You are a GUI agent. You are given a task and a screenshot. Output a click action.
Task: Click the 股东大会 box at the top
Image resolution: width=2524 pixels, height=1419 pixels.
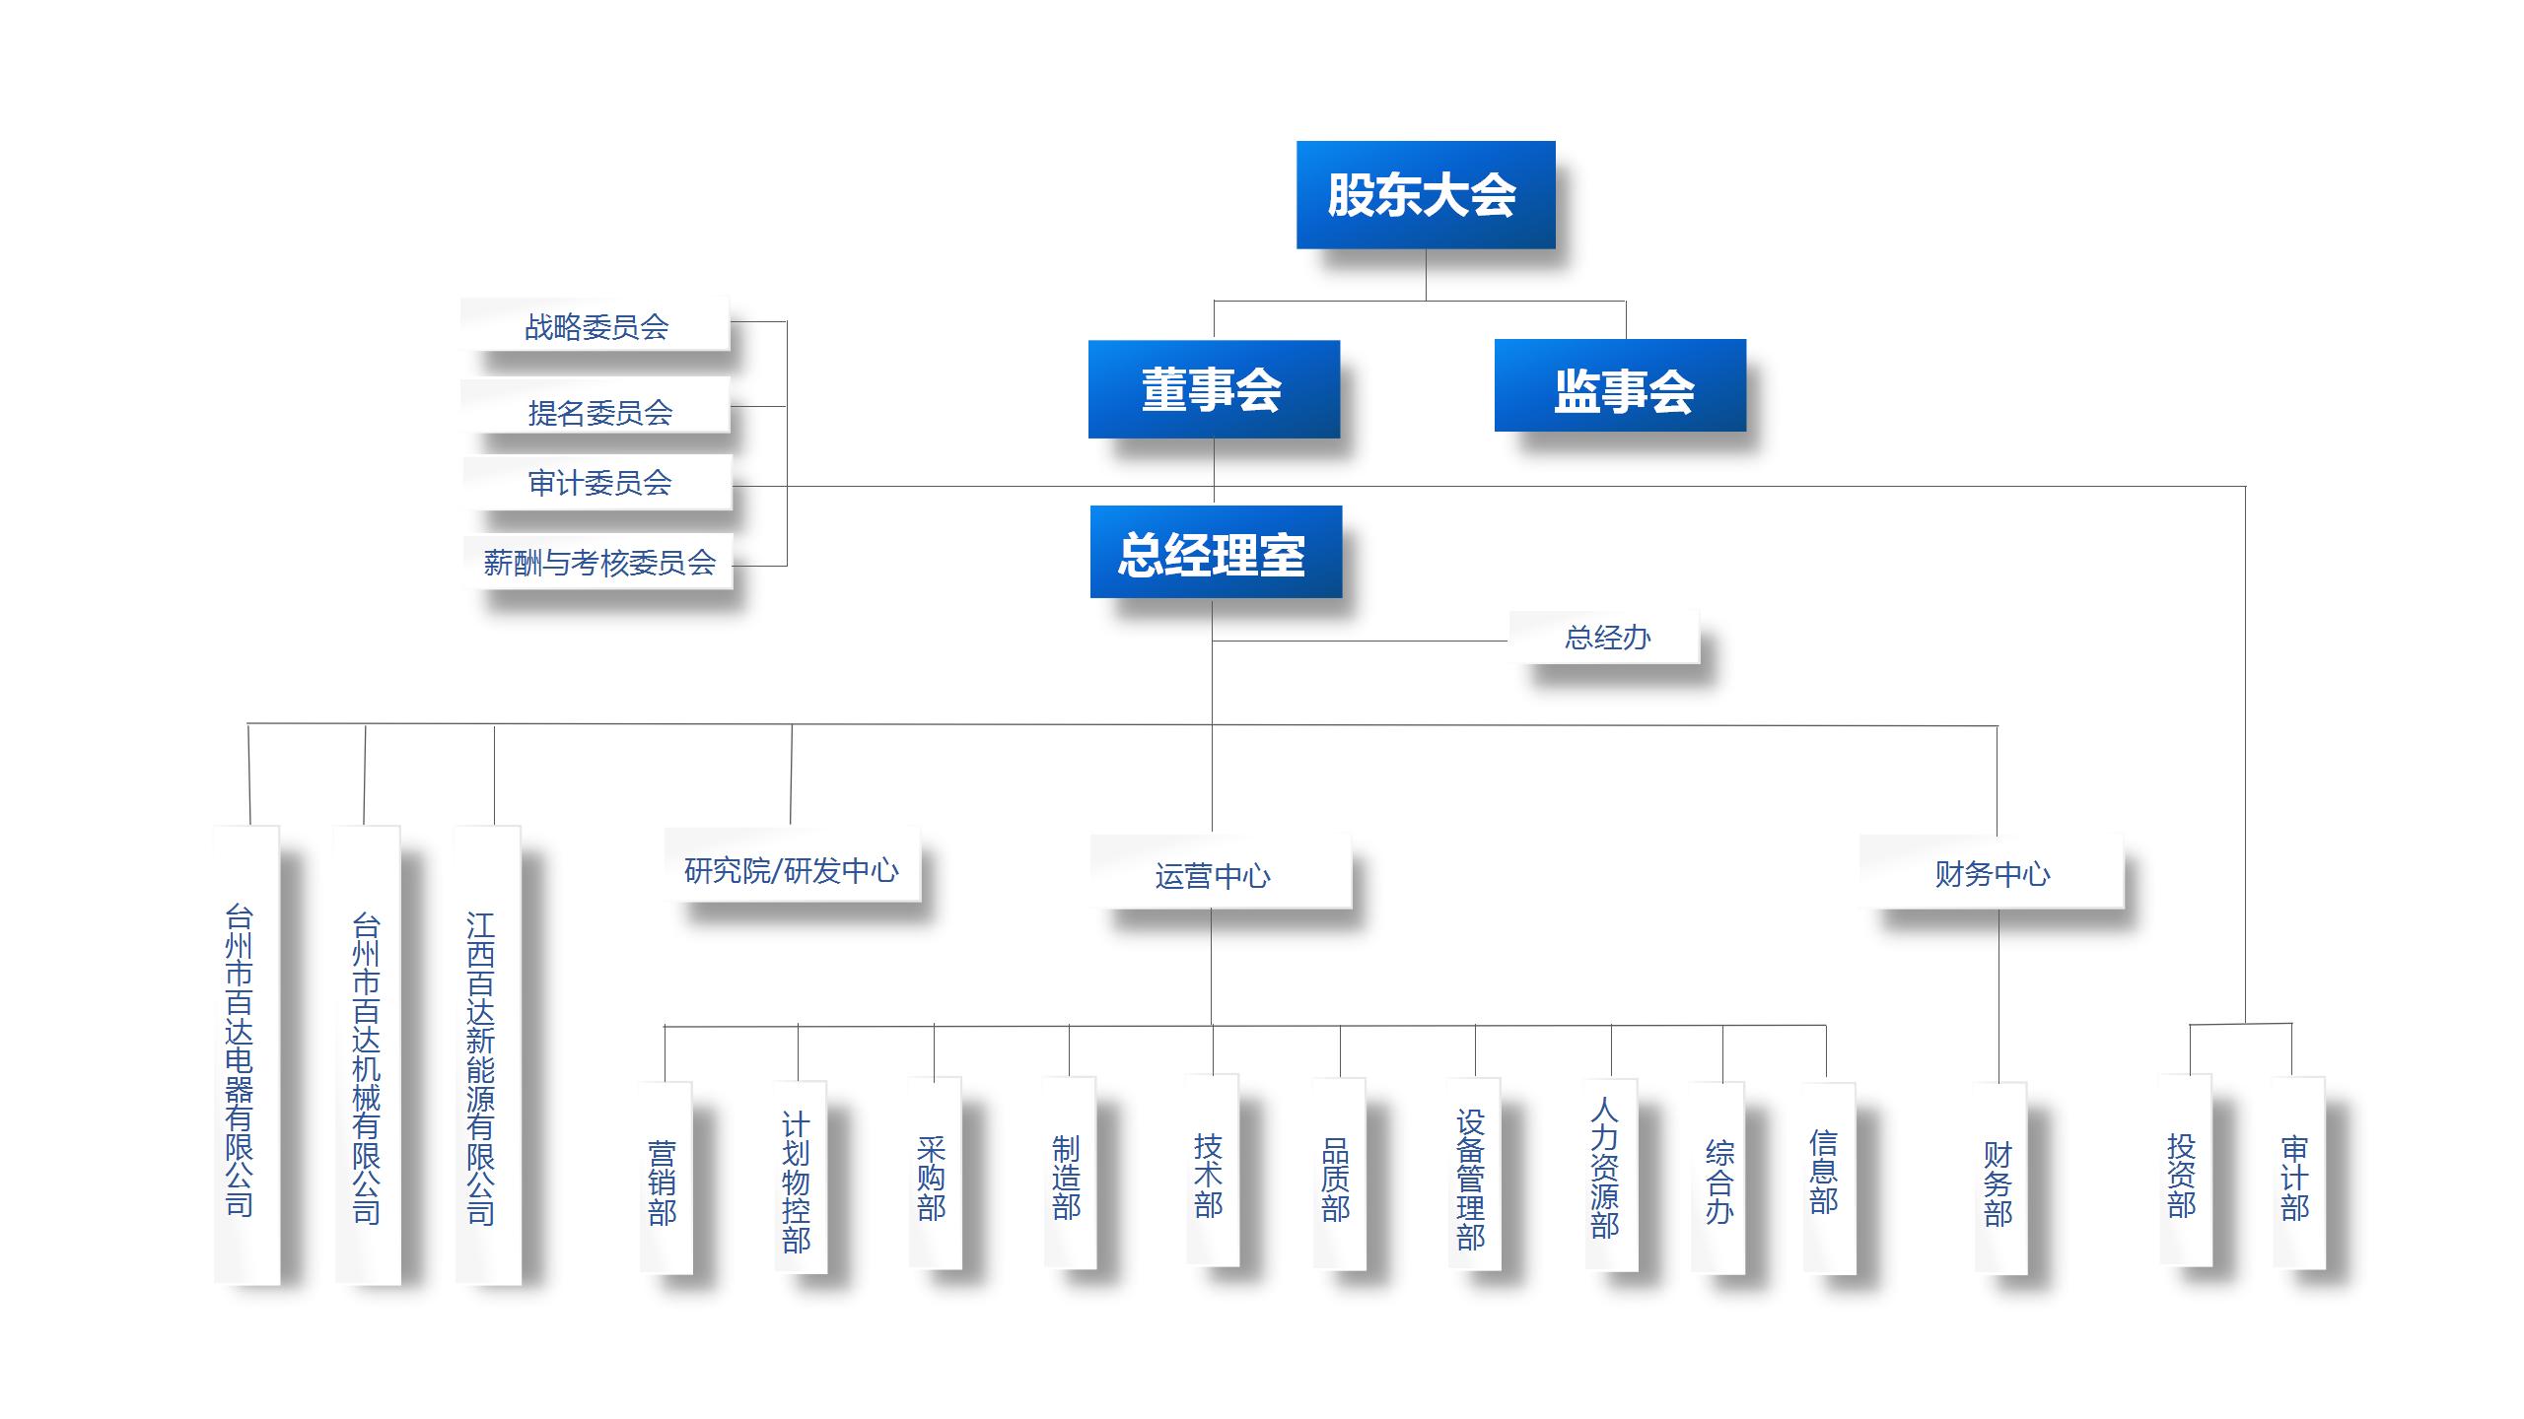point(1425,194)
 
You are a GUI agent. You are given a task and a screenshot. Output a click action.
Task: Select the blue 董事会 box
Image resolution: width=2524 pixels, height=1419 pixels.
point(1213,389)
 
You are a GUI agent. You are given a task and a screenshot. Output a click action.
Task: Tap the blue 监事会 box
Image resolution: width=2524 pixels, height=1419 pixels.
point(1620,386)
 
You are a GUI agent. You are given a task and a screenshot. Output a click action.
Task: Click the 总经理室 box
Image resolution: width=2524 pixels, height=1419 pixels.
point(1215,552)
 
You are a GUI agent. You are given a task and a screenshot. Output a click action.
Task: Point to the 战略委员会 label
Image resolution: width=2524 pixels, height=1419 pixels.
point(596,325)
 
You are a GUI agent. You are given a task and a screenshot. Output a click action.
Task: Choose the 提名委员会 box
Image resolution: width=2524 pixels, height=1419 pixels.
point(597,410)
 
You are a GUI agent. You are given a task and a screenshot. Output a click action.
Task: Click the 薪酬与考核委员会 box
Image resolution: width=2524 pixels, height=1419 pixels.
point(598,562)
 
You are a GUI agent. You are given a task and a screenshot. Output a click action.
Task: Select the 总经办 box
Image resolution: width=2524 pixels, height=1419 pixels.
point(1605,638)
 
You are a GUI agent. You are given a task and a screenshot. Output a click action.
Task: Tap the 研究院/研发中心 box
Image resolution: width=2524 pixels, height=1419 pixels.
point(792,867)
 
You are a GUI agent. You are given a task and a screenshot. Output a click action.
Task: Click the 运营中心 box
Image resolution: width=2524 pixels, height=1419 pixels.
point(1219,873)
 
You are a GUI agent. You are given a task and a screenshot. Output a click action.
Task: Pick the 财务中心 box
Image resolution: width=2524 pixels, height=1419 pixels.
point(1991,872)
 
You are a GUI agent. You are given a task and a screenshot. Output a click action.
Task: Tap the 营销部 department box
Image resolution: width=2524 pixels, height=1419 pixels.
point(665,1179)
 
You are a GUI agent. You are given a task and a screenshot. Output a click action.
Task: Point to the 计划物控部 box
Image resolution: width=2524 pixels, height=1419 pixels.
point(799,1179)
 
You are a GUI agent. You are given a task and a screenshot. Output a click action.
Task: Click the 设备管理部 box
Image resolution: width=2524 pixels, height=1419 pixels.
point(1473,1177)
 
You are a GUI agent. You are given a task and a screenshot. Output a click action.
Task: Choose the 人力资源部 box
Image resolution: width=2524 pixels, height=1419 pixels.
point(1609,1177)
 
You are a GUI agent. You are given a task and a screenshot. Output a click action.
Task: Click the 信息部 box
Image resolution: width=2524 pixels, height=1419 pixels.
point(1827,1177)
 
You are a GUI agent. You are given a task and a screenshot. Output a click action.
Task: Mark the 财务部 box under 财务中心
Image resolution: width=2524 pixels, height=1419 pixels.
point(1999,1179)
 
